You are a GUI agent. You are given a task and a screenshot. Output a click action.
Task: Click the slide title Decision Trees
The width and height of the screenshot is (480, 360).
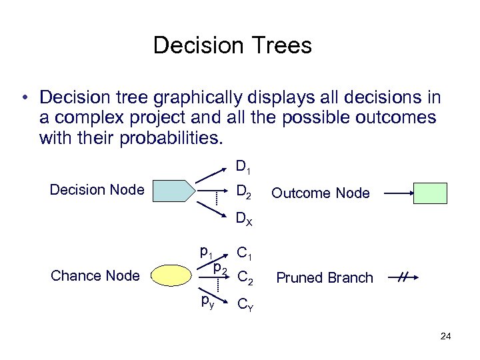point(232,45)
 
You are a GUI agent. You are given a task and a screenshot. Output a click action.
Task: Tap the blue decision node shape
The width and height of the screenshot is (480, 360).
point(172,191)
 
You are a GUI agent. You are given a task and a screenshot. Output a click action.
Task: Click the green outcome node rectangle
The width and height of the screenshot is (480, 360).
point(429,193)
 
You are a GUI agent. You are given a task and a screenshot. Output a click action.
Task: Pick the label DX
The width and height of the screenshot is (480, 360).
point(244,219)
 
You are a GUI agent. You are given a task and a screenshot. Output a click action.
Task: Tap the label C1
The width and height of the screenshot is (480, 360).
point(245,253)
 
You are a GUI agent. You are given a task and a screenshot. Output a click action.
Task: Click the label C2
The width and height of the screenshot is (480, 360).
point(245,277)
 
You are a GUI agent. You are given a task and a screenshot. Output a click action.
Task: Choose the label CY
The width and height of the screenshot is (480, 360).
point(245,305)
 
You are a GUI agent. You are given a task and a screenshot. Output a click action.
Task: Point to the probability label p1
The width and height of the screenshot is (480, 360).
point(206,252)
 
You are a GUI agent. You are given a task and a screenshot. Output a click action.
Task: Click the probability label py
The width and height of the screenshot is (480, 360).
point(207,301)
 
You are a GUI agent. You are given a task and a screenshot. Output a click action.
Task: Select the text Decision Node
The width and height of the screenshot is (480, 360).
point(97,190)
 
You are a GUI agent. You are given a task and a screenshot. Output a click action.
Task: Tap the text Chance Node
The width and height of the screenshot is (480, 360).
point(95,276)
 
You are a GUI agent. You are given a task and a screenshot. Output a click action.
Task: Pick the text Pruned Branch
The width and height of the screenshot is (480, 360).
point(325,278)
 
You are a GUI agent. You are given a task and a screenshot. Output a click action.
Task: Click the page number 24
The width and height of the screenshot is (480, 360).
point(445,336)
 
